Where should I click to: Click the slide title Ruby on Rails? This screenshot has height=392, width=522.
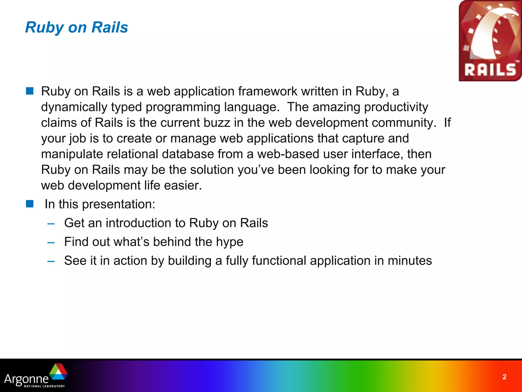[x=76, y=27]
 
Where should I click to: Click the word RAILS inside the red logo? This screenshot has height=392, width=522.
[x=490, y=70]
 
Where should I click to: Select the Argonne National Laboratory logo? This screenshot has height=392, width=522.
[x=36, y=376]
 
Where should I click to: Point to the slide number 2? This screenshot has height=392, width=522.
[x=504, y=377]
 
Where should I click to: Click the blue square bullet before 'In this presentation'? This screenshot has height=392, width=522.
[x=30, y=204]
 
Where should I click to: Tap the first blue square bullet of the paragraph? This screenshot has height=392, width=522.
[x=30, y=91]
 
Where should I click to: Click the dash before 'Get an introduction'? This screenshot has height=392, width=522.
[x=51, y=224]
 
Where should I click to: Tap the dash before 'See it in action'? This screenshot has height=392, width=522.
[x=51, y=261]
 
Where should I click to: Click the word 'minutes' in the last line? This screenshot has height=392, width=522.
[x=410, y=261]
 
